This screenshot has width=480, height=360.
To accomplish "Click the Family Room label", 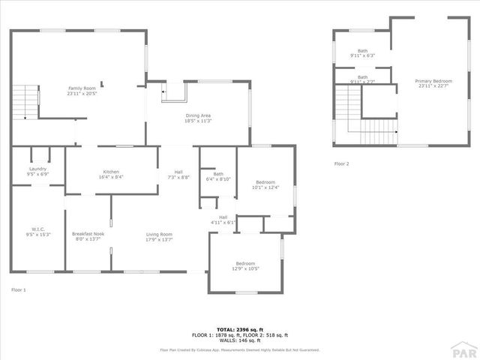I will pyautogui.click(x=82, y=91).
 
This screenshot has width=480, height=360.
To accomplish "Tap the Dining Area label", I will pyautogui.click(x=199, y=118).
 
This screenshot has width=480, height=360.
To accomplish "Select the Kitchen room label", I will pyautogui.click(x=111, y=174).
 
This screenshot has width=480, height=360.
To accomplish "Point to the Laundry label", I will pyautogui.click(x=37, y=172).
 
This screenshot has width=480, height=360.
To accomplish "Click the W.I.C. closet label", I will pyautogui.click(x=39, y=232).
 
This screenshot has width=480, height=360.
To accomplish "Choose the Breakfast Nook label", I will pyautogui.click(x=87, y=236).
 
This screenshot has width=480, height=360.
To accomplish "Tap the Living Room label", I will pyautogui.click(x=159, y=236).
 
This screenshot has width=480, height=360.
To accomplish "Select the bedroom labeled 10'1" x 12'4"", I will pyautogui.click(x=265, y=184).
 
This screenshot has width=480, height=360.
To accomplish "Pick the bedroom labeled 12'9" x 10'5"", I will pyautogui.click(x=245, y=265).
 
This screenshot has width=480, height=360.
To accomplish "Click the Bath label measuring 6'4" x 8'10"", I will pyautogui.click(x=218, y=176).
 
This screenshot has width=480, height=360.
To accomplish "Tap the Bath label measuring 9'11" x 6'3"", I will pyautogui.click(x=362, y=53).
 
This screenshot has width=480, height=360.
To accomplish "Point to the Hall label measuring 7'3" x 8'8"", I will pyautogui.click(x=178, y=174).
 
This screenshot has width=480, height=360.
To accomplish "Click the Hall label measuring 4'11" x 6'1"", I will pyautogui.click(x=223, y=219).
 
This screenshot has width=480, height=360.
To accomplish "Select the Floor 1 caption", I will pyautogui.click(x=19, y=289).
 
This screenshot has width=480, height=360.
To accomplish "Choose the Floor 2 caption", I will pyautogui.click(x=341, y=163).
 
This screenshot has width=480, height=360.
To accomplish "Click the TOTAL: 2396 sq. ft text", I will pyautogui.click(x=241, y=329).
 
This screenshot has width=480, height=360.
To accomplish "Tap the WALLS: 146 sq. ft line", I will pyautogui.click(x=241, y=340).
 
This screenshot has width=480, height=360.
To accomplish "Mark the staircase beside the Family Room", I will pyautogui.click(x=25, y=101).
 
